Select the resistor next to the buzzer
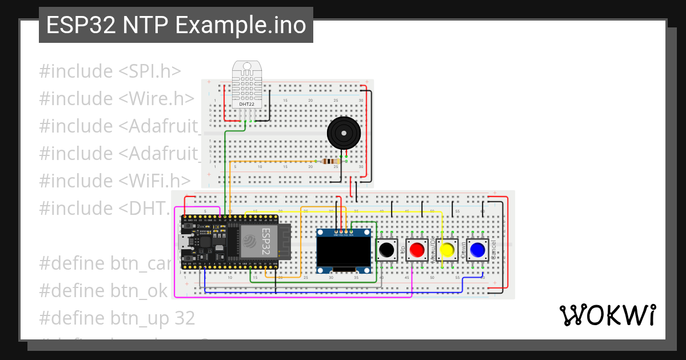point(329,162)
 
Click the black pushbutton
point(387,250)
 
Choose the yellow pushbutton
point(448,250)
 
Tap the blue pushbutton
point(477,250)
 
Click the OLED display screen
point(345,251)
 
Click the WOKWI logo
point(607,315)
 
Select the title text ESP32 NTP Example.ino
point(176,25)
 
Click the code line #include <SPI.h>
point(110,71)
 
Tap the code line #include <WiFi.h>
point(114,181)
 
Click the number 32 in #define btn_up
point(184,318)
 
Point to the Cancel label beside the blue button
point(493,250)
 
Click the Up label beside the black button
point(403,250)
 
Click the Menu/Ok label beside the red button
point(433,250)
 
